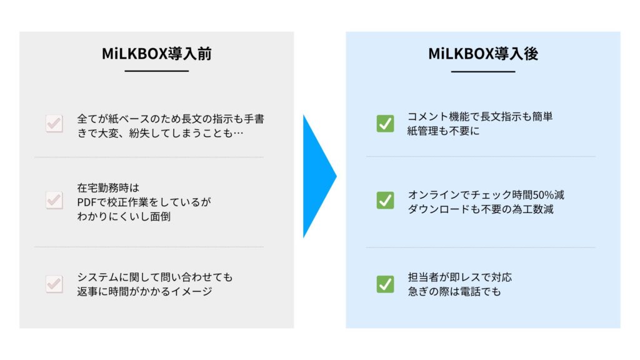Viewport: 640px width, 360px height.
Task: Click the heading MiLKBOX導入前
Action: pos(157,54)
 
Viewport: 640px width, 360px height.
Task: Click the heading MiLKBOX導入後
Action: pos(483,54)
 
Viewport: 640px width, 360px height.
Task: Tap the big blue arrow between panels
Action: pos(319,176)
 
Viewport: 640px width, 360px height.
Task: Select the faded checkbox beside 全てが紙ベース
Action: pos(54,123)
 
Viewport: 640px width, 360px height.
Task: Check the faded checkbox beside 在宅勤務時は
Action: pos(54,200)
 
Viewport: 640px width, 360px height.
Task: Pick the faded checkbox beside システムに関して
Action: pos(54,284)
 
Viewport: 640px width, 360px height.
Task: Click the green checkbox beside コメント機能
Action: pos(385,123)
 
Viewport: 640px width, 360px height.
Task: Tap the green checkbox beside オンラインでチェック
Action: pos(385,200)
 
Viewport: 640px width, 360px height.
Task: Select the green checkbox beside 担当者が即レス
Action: pos(385,284)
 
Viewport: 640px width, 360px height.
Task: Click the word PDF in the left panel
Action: pos(86,202)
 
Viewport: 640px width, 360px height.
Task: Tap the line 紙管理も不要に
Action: pos(443,131)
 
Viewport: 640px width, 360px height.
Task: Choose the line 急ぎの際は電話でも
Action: pos(454,291)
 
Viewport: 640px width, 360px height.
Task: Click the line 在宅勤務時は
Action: pos(108,187)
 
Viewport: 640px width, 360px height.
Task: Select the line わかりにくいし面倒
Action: pos(124,216)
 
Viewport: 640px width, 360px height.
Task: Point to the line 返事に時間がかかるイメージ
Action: pos(144,291)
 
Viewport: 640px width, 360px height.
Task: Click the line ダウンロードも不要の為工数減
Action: pos(481,209)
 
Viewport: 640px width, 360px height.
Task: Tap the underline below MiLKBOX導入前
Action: pos(157,71)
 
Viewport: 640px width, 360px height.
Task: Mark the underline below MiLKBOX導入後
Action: pos(483,71)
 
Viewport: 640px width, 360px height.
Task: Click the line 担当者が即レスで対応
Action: pos(459,277)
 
